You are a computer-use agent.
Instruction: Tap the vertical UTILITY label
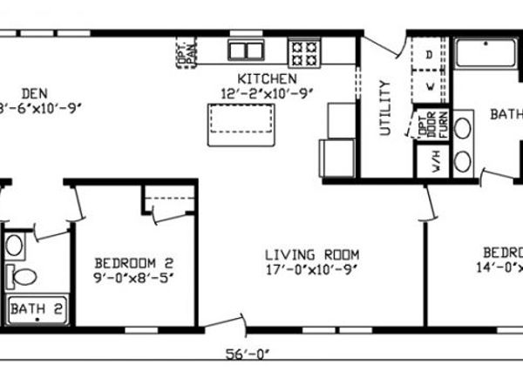(x=384, y=108)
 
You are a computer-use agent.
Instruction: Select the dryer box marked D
(x=429, y=54)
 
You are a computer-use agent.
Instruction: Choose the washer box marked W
(x=429, y=86)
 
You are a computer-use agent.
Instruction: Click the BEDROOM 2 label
(x=134, y=263)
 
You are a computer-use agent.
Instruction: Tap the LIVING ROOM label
(x=313, y=254)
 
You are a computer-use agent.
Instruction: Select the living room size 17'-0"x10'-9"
(x=313, y=270)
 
